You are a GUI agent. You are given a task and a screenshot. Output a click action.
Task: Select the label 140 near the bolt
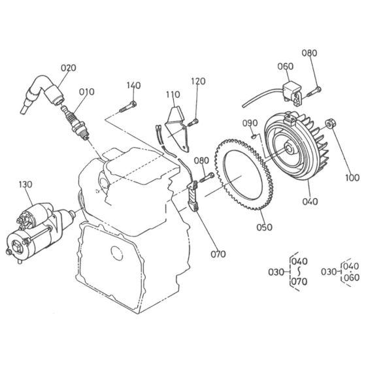click(x=133, y=86)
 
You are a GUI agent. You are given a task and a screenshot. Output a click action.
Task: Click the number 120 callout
click(x=198, y=81)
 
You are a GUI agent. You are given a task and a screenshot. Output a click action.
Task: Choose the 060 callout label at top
click(x=286, y=66)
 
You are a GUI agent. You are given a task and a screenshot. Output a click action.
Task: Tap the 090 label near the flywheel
click(x=250, y=124)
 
